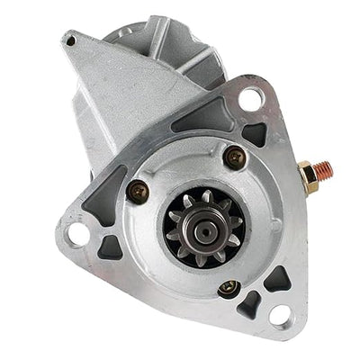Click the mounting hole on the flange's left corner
point(77,235)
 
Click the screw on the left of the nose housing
point(138,189)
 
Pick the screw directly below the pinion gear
point(228,289)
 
